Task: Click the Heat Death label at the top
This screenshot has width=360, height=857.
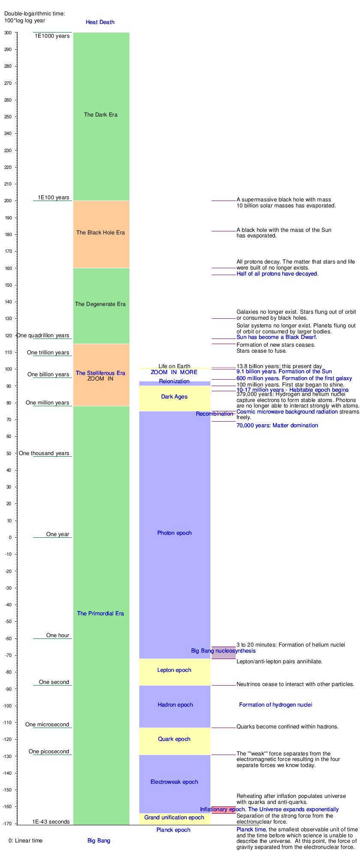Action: coord(100,22)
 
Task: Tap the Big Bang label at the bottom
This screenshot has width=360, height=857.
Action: coord(99,841)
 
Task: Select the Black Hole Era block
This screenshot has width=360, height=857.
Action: coord(101,240)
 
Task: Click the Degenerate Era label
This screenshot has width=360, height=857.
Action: coord(100,304)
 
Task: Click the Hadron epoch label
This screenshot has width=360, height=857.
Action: coord(175,705)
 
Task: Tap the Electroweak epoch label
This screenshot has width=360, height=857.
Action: coord(174,782)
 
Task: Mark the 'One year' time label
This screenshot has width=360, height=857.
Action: coord(57,534)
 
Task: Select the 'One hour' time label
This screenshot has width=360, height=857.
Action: coord(57,635)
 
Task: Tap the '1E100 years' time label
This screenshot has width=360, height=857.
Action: coord(54,198)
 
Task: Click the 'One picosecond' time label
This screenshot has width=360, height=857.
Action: coord(49,752)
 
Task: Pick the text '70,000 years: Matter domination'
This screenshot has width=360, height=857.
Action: coord(277,426)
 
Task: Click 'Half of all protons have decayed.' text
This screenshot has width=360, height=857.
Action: coord(277,274)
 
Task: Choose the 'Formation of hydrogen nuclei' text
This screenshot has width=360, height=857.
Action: coord(276,705)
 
